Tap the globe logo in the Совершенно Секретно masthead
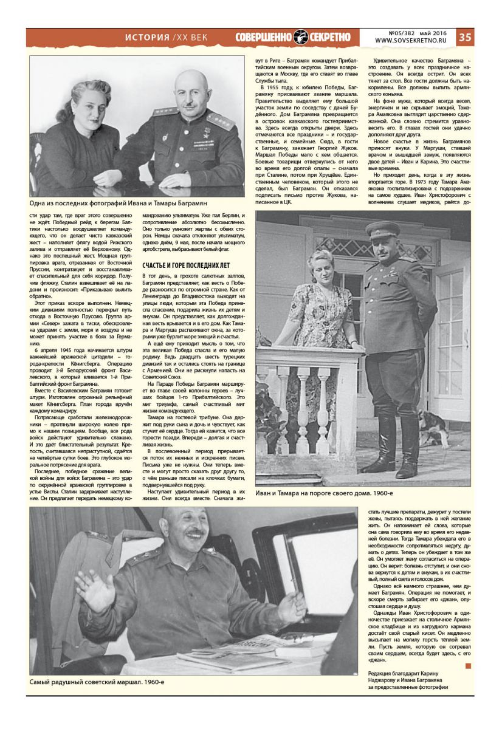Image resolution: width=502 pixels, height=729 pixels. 301,37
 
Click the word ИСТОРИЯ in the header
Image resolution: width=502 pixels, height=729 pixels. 147,37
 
